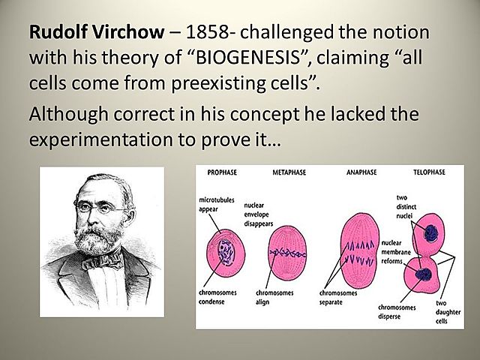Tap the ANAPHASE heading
(x=361, y=172)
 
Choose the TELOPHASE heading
(x=428, y=172)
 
